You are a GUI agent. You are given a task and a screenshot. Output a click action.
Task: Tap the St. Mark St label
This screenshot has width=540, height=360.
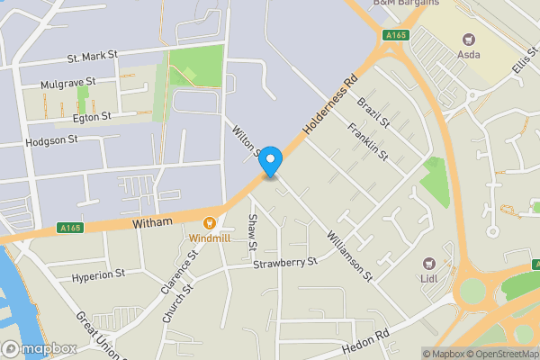[x=93, y=56]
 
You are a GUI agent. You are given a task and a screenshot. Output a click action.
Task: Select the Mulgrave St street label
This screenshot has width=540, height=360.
[x=68, y=84]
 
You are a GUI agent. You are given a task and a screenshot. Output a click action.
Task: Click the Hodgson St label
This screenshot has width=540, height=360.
[x=52, y=140]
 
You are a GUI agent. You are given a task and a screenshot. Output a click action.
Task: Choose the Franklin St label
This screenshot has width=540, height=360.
[x=369, y=142]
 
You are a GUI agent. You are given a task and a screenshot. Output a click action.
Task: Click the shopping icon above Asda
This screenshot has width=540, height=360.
[x=468, y=39]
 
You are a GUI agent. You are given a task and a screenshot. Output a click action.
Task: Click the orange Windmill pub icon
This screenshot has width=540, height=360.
[x=210, y=222]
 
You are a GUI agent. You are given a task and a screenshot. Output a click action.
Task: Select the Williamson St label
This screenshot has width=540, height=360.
[x=349, y=254]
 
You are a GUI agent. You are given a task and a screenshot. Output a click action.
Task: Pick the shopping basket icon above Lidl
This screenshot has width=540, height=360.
[x=429, y=265]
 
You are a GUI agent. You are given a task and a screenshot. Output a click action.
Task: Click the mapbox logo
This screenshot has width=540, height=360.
[x=39, y=348]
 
